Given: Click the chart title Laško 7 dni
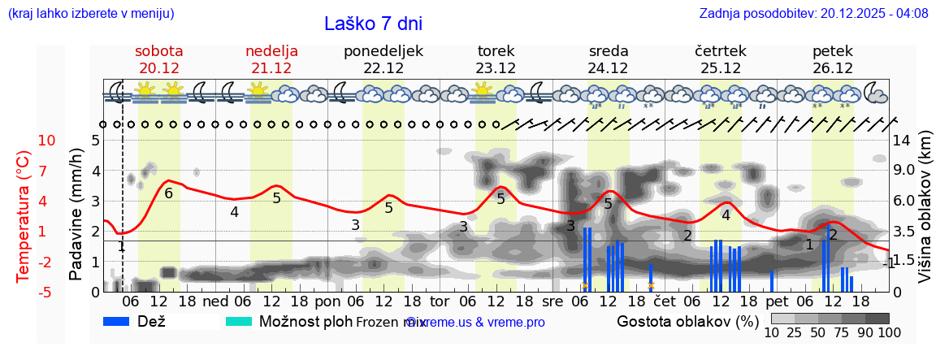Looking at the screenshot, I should coord(373,24).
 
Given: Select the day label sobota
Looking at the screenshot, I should coord(159,51).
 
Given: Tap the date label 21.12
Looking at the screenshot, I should coord(271,68).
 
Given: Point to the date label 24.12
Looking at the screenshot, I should coord(609,68).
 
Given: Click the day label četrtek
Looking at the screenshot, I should coord(721,51).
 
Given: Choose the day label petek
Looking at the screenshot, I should coord(833,51).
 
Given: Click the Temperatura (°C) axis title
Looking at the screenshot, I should coord(24,216).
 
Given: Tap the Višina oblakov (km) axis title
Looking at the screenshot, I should coord(925,216).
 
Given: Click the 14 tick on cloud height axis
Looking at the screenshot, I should coord(902,141).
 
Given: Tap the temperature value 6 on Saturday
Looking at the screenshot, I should coord(169,193).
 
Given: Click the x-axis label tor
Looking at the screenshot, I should coord(440,301).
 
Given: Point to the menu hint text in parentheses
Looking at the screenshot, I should coord(91,13).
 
